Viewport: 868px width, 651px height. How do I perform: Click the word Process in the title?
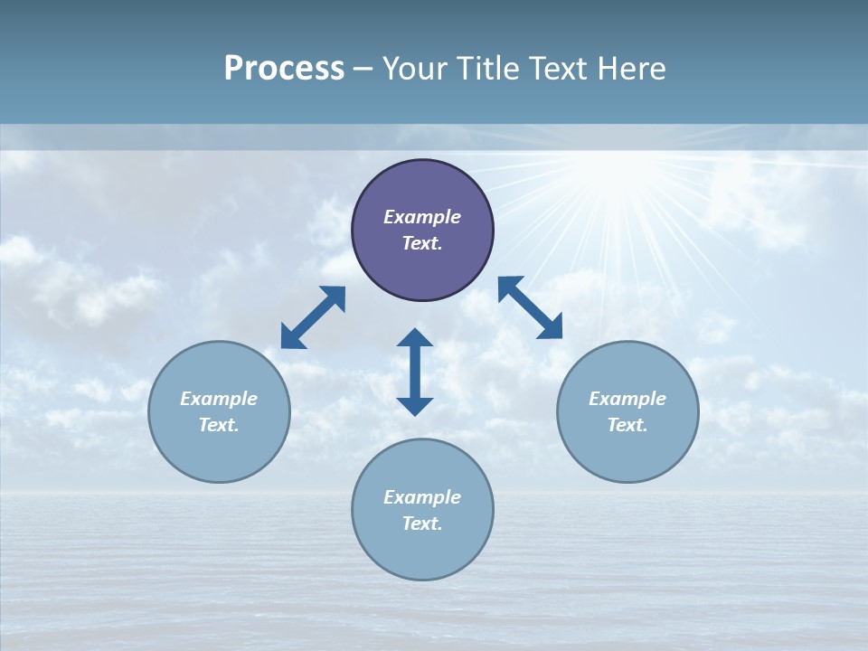coord(284,69)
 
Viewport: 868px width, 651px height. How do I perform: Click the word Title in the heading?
coord(489,69)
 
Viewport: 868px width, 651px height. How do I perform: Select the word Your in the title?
coord(415,69)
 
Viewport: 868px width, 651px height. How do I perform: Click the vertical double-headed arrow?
coord(415,372)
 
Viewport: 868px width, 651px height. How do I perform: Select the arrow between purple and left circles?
coord(313,317)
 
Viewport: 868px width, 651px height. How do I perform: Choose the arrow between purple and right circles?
coord(530,307)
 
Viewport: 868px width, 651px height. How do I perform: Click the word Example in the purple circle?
coord(422,217)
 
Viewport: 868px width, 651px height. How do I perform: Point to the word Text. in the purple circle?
coord(422,243)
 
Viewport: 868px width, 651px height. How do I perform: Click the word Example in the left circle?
coord(219,399)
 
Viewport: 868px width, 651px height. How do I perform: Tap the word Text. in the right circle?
coord(627,425)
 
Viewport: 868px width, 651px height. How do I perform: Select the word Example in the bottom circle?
coord(422,497)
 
